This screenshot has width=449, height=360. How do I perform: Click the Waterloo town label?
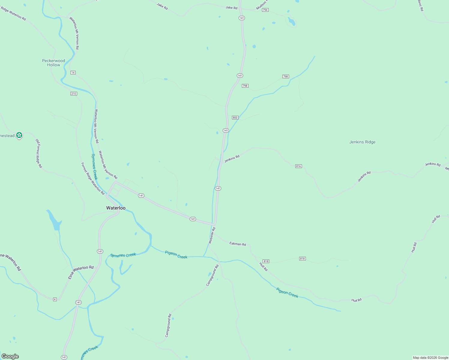coord(116,208)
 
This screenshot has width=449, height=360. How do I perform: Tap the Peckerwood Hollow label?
coord(53,63)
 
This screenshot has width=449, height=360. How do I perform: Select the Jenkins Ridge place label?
coord(362,142)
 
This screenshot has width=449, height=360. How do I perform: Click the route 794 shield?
coord(265,10)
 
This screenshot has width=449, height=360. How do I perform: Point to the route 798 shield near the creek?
coord(285,76)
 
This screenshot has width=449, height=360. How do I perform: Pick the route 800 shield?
coord(235,118)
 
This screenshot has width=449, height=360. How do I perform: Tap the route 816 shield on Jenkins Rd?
coord(298,166)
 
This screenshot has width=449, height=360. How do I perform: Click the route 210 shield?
coord(74,94)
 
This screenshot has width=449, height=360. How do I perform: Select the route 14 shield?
coord(73,73)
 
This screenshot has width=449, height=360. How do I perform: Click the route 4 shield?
coord(55,299)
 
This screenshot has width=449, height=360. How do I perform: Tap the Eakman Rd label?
coord(238,244)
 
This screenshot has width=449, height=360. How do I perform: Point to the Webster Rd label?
coord(212,235)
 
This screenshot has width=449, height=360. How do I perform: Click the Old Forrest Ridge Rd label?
coord(39,153)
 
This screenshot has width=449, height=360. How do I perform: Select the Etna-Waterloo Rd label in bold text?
coord(81,272)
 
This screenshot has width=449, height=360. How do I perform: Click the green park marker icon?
coord(19,136)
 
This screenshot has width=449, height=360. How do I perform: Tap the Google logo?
coord(10,356)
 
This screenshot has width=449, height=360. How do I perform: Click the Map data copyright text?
coord(430,358)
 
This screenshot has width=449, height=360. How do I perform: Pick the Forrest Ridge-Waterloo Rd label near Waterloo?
coord(93,178)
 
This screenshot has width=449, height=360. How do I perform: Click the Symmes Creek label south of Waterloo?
coord(123,255)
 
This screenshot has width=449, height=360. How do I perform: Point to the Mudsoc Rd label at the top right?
coord(420,5)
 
